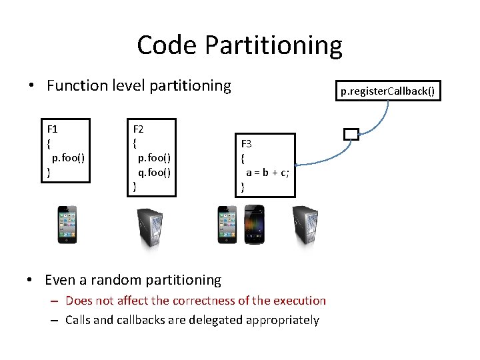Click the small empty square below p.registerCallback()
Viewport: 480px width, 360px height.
click(351, 134)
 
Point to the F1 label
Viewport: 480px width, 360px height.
click(52, 127)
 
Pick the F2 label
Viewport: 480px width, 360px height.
click(139, 129)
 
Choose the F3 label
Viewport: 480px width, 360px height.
click(246, 144)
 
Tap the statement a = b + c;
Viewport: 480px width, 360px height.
click(267, 173)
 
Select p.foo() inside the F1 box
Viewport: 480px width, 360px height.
click(67, 158)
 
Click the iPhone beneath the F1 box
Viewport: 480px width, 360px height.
click(66, 225)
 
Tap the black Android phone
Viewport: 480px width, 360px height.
click(255, 225)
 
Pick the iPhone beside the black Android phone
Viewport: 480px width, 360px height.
click(227, 225)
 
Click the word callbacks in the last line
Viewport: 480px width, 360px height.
click(135, 320)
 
